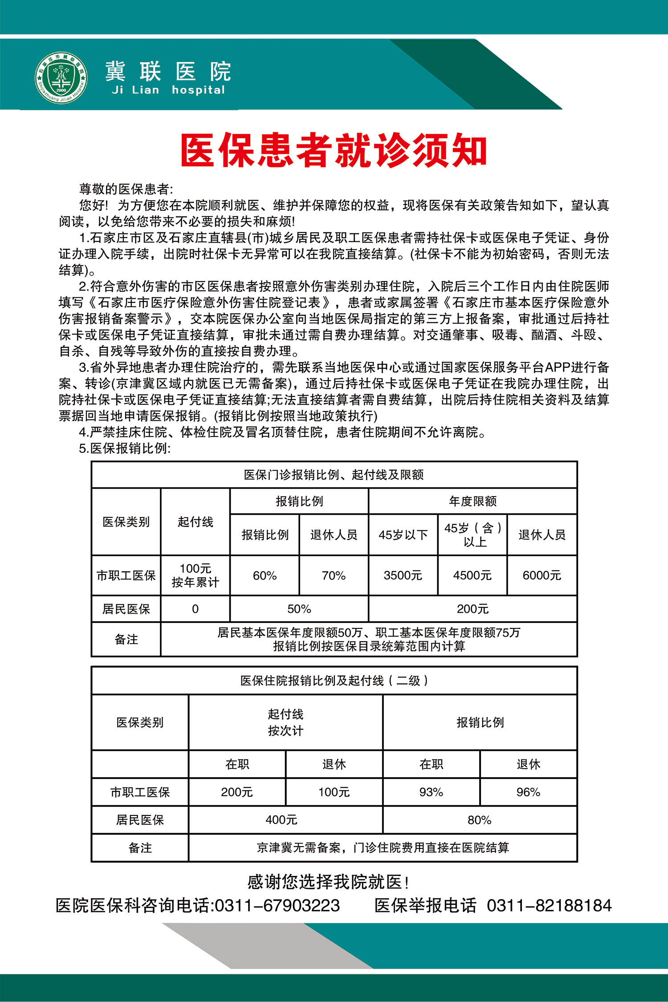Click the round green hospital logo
[61, 78]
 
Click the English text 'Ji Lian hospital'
[169, 90]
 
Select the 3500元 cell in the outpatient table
[403, 575]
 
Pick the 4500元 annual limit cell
[472, 575]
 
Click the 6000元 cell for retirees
[542, 575]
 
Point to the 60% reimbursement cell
[265, 575]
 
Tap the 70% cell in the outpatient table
[334, 575]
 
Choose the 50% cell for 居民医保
[299, 609]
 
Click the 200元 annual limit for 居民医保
[473, 609]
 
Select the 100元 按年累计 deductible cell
[196, 575]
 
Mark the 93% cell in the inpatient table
[431, 792]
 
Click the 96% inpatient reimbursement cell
[529, 792]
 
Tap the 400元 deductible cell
[281, 820]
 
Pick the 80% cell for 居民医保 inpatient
[480, 820]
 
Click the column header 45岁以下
[403, 535]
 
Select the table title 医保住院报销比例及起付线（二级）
[334, 680]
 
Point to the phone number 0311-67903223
[277, 906]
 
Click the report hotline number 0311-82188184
[549, 906]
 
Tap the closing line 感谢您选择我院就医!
[328, 882]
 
